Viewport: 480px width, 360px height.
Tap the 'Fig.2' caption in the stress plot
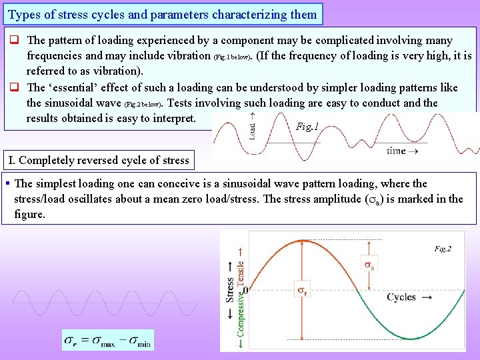click(x=443, y=249)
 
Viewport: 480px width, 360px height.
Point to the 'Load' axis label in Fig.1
click(x=252, y=127)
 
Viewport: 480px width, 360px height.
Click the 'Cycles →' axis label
click(x=409, y=297)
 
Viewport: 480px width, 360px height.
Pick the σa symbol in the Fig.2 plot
click(x=368, y=265)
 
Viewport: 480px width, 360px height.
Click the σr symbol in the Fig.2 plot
click(x=302, y=291)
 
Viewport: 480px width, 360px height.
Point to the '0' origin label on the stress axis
click(x=245, y=291)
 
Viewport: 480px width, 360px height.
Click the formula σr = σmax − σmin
click(x=108, y=340)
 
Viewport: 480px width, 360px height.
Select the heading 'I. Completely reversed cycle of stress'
click(x=98, y=160)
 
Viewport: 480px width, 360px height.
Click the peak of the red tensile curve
click(x=304, y=239)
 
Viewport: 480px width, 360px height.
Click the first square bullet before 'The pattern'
click(x=12, y=41)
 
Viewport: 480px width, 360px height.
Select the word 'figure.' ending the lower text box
click(x=29, y=215)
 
